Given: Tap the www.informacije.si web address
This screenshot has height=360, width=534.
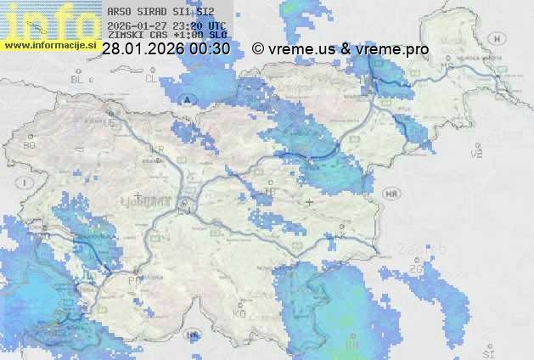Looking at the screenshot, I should click(49, 45).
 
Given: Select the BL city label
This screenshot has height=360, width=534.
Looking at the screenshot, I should click(79, 79).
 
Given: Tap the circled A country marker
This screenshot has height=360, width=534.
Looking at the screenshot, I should click(187, 99).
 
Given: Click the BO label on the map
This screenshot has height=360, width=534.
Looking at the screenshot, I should click(30, 145).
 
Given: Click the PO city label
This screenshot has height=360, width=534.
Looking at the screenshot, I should click(133, 279).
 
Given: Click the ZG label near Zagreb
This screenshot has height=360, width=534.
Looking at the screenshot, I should click(415, 269).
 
